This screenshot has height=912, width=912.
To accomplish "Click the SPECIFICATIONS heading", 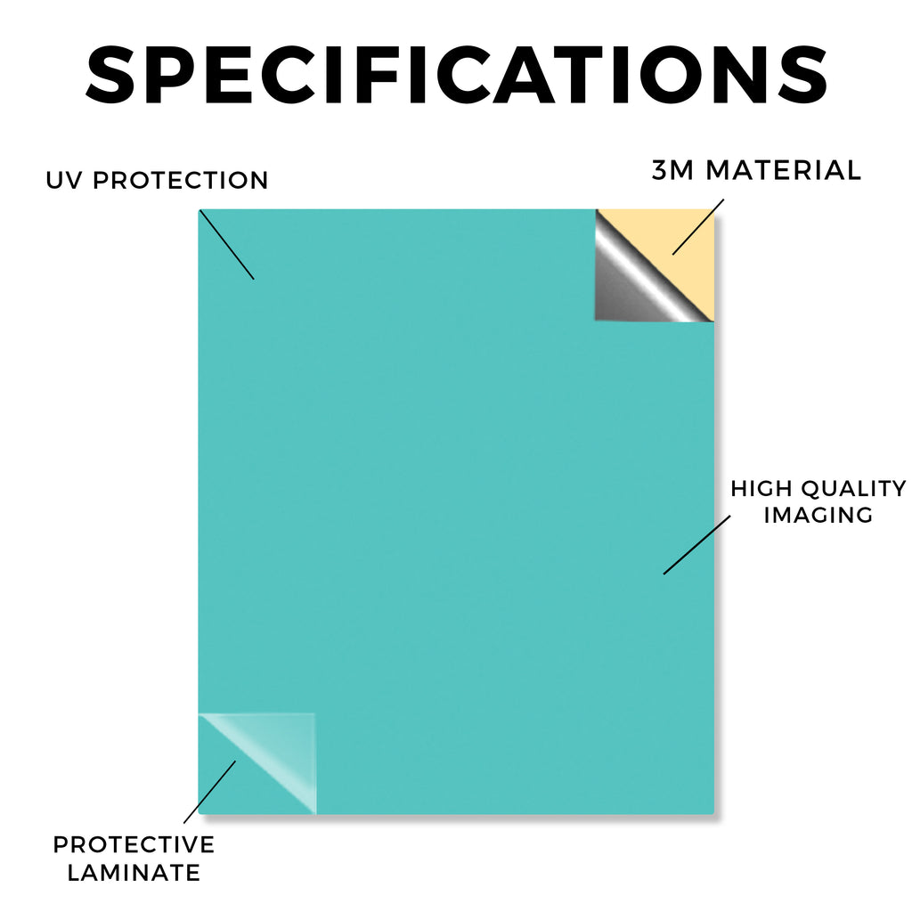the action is coord(457,75).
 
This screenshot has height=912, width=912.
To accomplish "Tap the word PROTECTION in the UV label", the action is coord(180,180).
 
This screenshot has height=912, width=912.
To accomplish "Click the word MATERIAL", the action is coord(783,170).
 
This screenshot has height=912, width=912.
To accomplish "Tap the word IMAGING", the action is coord(818,515).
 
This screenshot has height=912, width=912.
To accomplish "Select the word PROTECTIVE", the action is coord(134,844).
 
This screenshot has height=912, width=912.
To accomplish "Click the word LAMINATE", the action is coord(134,873).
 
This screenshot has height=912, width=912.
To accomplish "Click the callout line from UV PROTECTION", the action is coord(227,245).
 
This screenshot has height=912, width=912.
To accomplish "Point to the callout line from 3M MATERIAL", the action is coord(698,227).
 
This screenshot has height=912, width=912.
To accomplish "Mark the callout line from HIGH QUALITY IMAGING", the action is coord(696,545).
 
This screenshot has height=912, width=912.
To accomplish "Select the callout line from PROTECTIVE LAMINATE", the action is coord(210,792).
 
